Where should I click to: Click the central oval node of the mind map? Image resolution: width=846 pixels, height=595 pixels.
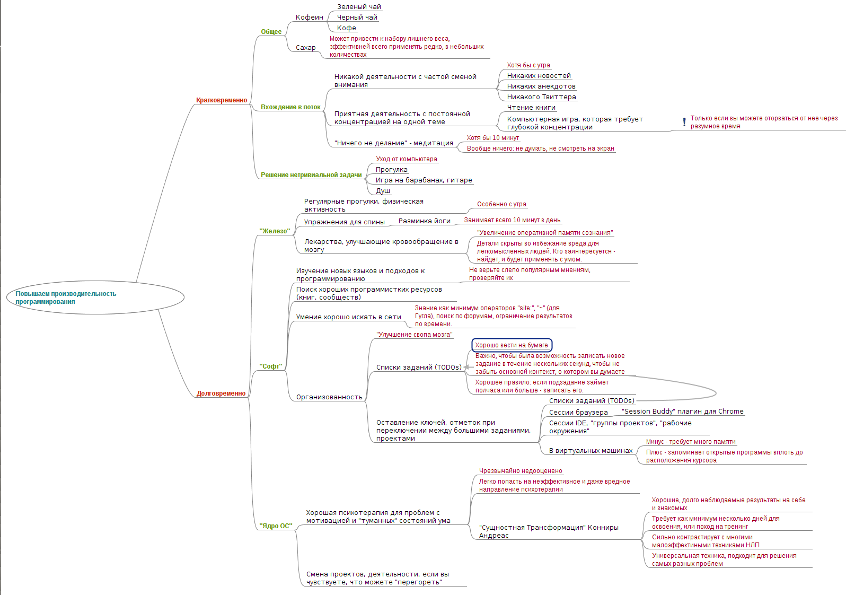[x=95, y=297]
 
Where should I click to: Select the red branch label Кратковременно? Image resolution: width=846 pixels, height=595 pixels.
[x=222, y=100]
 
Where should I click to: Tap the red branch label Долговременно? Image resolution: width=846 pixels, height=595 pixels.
[x=221, y=393]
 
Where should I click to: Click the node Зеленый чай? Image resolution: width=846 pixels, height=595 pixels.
[x=359, y=7]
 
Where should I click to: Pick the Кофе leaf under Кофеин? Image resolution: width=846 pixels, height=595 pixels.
[x=347, y=28]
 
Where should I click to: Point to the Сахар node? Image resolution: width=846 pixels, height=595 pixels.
[x=305, y=48]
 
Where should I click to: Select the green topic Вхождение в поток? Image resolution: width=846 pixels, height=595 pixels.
[x=290, y=107]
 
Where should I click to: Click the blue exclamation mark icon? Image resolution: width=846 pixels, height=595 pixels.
[x=684, y=122]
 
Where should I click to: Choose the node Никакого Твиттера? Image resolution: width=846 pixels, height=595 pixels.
[x=541, y=97]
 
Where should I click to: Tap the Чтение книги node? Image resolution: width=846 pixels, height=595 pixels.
[x=531, y=108]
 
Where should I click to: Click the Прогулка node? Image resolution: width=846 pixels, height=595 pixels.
[x=391, y=170]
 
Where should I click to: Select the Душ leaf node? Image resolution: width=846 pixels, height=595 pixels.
[x=383, y=191]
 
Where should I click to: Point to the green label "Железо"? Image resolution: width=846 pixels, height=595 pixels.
[x=275, y=231]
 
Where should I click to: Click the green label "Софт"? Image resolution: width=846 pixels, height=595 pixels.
[x=271, y=366]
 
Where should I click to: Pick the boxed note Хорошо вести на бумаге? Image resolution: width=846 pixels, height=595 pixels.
[x=512, y=345]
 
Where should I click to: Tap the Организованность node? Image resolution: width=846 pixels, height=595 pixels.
[x=329, y=397]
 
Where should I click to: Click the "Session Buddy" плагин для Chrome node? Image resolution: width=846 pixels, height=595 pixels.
[x=682, y=412]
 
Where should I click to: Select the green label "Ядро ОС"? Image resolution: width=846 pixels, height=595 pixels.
[x=276, y=526]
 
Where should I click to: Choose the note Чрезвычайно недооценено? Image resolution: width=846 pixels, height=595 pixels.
[x=521, y=471]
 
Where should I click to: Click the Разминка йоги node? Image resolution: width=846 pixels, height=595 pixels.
[x=424, y=221]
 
